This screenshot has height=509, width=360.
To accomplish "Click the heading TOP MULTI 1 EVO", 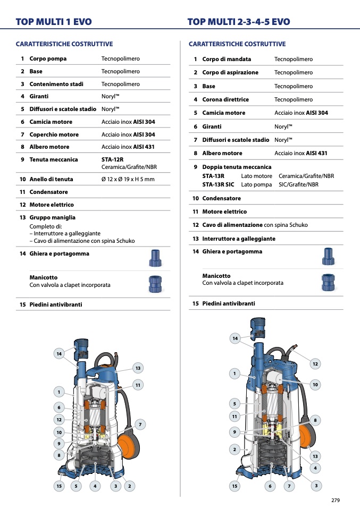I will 54,22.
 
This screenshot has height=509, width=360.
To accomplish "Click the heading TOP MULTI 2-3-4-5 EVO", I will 239,22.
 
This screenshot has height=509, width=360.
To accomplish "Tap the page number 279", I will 335,500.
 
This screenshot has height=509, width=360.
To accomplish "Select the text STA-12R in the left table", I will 113,159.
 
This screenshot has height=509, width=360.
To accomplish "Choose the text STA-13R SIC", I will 218,184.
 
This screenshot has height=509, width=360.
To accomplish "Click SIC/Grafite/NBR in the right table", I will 298,184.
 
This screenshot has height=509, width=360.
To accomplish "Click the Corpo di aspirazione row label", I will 230,72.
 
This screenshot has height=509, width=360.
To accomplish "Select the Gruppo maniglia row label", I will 53,217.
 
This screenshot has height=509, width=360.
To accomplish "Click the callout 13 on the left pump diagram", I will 138,368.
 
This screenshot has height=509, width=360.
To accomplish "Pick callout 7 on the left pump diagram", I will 140,424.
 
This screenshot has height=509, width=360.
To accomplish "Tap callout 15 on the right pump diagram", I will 235,485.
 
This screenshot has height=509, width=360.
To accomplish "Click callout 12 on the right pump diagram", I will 315,363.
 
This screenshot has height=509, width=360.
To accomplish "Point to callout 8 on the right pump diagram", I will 315,420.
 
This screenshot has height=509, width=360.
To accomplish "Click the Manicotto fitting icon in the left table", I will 154,284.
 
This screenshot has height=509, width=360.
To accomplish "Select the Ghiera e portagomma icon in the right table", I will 328,257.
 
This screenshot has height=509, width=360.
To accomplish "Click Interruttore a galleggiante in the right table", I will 239,239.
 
